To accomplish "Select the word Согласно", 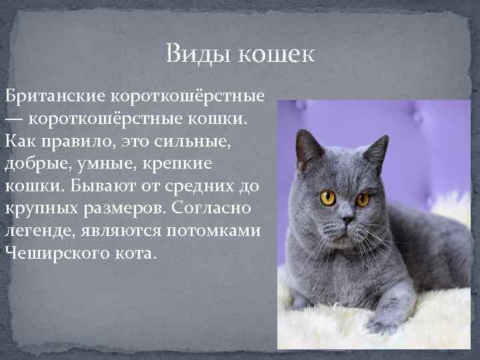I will point(213,208).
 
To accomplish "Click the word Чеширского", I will point(57,252).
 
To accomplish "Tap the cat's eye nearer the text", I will point(328,197).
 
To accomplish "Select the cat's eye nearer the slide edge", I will point(363,199).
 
